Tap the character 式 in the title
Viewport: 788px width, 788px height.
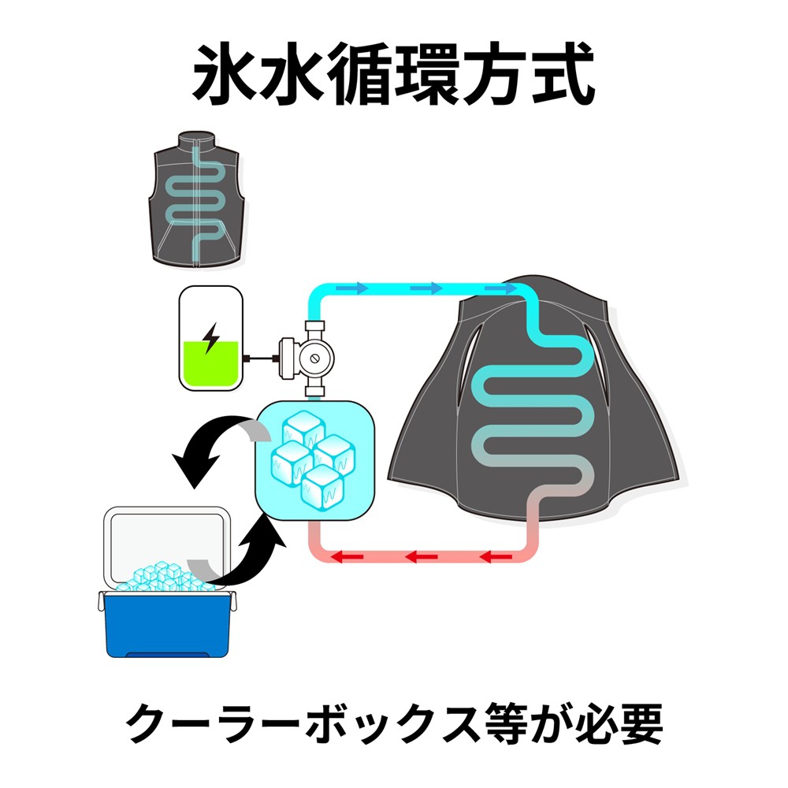click(563, 74)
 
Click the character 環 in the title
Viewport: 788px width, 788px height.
click(428, 74)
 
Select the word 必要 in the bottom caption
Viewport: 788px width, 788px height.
click(619, 723)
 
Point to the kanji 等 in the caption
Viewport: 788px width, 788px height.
click(507, 723)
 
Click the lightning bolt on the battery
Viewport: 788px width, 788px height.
click(211, 338)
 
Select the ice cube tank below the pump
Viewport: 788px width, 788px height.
click(315, 460)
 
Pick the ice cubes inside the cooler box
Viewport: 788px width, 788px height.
click(163, 577)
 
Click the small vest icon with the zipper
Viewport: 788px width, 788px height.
click(197, 198)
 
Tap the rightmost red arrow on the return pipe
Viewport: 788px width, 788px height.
click(496, 557)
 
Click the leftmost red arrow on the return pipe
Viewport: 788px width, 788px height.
click(347, 557)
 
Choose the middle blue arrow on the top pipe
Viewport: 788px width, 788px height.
click(426, 288)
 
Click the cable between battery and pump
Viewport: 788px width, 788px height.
click(262, 359)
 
